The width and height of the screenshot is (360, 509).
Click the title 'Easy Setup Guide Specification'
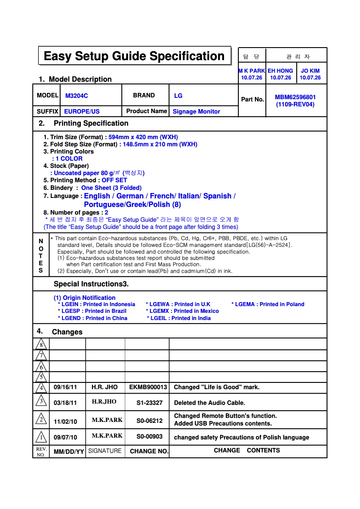tap(134, 56)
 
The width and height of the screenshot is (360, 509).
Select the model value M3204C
tap(77, 96)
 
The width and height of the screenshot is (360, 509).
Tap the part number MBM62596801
tap(295, 97)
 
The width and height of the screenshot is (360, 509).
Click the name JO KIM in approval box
tap(310, 71)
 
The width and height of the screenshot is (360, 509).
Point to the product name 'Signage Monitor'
tap(196, 111)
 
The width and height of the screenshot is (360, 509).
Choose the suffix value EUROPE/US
tap(82, 111)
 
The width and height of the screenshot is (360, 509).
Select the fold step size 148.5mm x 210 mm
tap(160, 144)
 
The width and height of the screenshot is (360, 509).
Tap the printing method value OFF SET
tap(114, 180)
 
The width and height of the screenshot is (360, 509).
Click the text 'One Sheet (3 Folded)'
tap(111, 188)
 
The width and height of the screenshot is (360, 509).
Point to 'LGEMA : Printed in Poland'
tap(269, 304)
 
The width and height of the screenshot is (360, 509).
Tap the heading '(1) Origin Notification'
tap(84, 298)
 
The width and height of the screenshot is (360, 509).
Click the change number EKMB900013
tap(148, 387)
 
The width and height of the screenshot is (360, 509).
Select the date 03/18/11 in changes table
tap(65, 403)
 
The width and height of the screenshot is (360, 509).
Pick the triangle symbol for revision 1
tap(41, 437)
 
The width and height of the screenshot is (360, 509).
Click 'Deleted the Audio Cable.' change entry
tap(209, 403)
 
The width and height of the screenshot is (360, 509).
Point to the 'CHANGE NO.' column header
tap(149, 451)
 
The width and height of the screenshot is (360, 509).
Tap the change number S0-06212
tap(149, 421)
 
